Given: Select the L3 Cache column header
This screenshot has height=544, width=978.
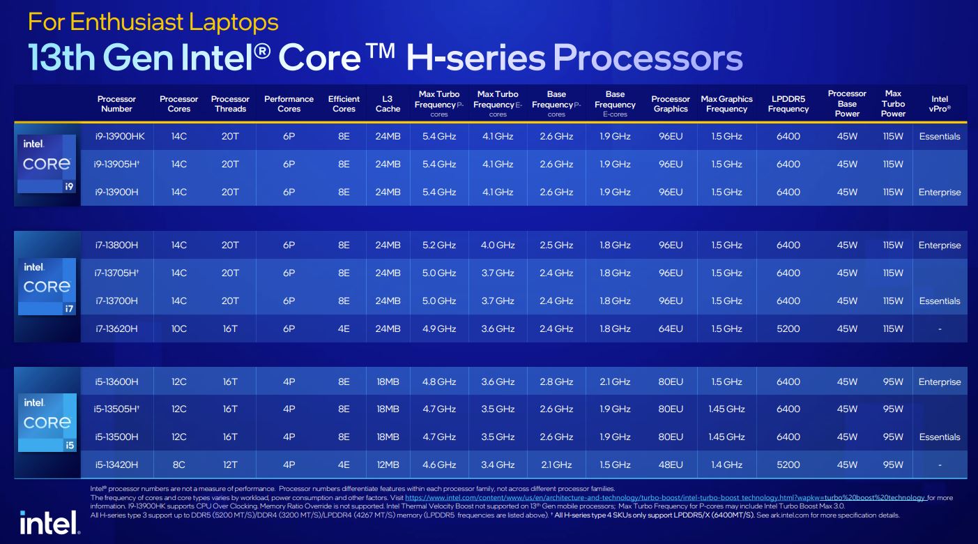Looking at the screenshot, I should coord(388,104).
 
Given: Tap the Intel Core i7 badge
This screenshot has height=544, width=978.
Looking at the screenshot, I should coord(47,286).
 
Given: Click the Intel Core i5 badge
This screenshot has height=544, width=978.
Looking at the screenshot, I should coord(47,422).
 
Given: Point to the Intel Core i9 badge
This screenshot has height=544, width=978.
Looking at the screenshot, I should coord(47,164).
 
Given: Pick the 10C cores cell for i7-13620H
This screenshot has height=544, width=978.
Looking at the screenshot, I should coord(179,328).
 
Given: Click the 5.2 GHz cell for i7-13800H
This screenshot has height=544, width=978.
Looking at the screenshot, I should coord(438,245).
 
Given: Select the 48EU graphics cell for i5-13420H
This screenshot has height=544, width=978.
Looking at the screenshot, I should coord(671,464).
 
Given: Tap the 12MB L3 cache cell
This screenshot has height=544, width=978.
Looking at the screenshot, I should coord(388,464).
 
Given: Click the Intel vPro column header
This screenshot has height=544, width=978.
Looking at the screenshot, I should coord(940,104).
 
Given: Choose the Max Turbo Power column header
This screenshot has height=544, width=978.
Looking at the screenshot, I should coord(893,104).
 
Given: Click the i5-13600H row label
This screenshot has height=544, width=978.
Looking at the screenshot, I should coord(116,382).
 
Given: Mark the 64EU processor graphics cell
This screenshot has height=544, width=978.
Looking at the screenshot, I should coord(671,328).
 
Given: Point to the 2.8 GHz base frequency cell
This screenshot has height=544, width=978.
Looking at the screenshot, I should coord(556,382).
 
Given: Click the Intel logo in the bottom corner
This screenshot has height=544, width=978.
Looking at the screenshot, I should coord(49,522).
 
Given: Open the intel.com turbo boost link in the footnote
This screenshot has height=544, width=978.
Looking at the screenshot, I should coord(665,498).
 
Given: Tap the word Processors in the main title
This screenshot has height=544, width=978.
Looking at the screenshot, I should coord(648,58).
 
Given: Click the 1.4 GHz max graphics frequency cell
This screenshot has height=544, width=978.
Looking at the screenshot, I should coord(726,464).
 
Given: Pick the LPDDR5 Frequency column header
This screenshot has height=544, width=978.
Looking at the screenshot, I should coord(788,104).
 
